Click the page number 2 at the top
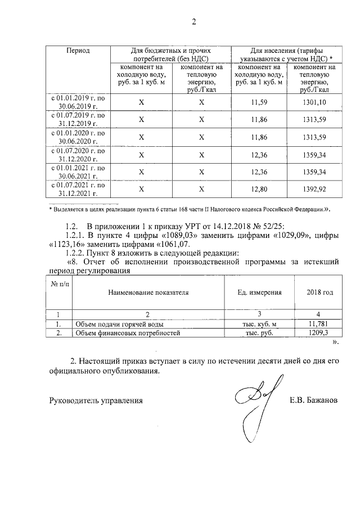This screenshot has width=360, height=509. [195, 22]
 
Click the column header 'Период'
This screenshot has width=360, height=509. [78, 50]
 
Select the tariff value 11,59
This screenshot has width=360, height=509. [259, 102]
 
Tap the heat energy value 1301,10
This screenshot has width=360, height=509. [314, 102]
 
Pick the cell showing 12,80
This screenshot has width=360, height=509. [259, 190]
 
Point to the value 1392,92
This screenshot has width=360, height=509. [314, 190]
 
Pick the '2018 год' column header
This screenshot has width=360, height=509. [319, 292]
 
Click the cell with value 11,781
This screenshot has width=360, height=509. [319, 324]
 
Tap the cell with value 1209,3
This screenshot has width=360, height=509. [319, 333]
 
